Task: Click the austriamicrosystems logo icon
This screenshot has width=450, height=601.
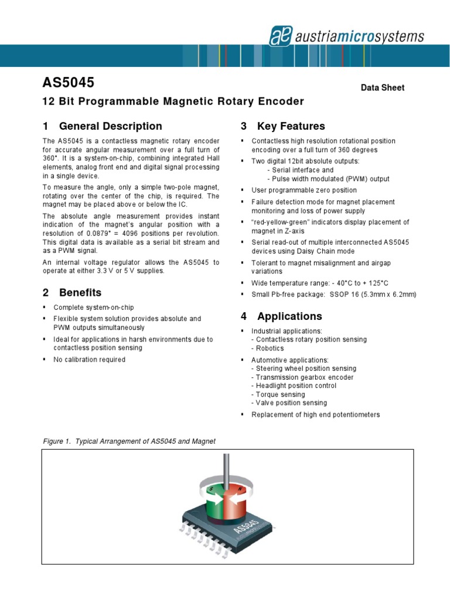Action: tap(281, 36)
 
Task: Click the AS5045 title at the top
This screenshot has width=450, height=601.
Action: tap(69, 83)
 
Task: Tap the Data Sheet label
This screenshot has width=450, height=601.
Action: tap(382, 87)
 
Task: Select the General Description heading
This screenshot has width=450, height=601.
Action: tap(103, 126)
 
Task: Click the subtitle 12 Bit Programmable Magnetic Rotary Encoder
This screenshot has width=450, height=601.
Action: tap(173, 102)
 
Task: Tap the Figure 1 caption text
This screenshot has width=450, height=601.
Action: tap(129, 441)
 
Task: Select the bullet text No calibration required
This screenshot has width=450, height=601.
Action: tap(89, 360)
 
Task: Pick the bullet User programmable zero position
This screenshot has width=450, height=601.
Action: tap(304, 190)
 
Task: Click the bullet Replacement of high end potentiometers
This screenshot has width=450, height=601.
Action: tap(315, 414)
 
